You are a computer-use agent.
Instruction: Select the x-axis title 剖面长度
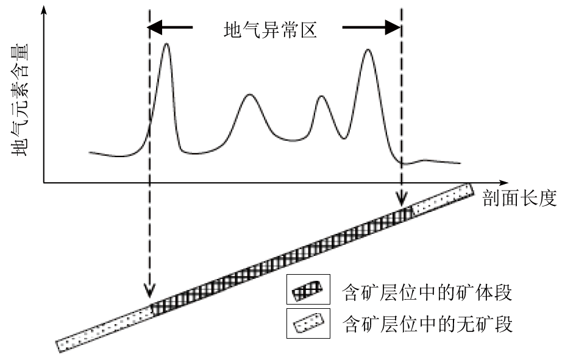(520, 199)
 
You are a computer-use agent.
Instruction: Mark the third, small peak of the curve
(322, 97)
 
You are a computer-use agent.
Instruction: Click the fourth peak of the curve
(367, 50)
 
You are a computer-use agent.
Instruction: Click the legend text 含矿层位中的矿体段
(427, 292)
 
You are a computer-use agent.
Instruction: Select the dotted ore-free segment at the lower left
(104, 327)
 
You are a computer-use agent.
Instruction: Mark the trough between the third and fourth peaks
(346, 138)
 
